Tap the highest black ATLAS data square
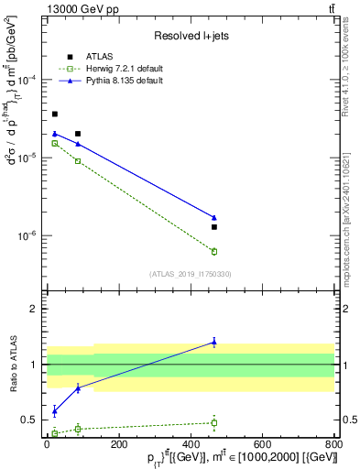55,115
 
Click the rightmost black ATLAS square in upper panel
214,226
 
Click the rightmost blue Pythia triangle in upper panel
214,218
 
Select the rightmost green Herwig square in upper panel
214,251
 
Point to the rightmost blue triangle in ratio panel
214,342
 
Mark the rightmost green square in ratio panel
214,423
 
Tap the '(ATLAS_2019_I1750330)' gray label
190,274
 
